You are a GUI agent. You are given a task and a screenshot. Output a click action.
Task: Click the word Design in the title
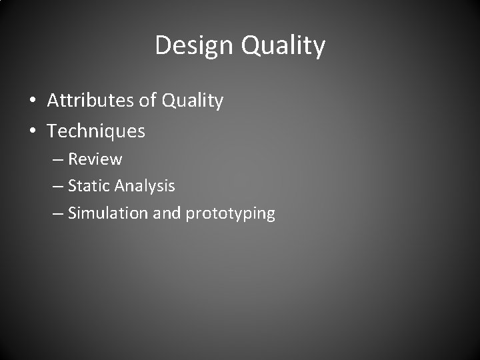tap(194, 45)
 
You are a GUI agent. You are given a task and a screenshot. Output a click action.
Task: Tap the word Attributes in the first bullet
tap(90, 101)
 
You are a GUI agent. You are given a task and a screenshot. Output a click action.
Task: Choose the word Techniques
tap(96, 131)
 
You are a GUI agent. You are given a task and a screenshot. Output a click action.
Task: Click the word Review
tap(95, 159)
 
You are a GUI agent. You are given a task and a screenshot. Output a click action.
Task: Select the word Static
tap(89, 186)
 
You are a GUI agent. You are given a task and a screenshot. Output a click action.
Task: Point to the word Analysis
tap(145, 187)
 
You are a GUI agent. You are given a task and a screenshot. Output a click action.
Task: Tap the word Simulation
tap(109, 213)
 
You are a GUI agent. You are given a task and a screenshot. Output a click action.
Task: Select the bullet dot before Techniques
tap(33, 132)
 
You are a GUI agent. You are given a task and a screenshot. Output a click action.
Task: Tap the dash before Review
tap(57, 160)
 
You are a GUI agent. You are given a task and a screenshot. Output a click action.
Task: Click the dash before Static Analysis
tap(57, 187)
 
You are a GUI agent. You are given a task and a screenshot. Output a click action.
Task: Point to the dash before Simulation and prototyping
tap(57, 214)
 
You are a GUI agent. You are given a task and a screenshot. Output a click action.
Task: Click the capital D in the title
tap(163, 45)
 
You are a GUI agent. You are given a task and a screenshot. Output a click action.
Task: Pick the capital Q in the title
tap(250, 45)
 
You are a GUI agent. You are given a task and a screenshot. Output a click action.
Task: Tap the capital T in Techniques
tap(52, 131)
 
